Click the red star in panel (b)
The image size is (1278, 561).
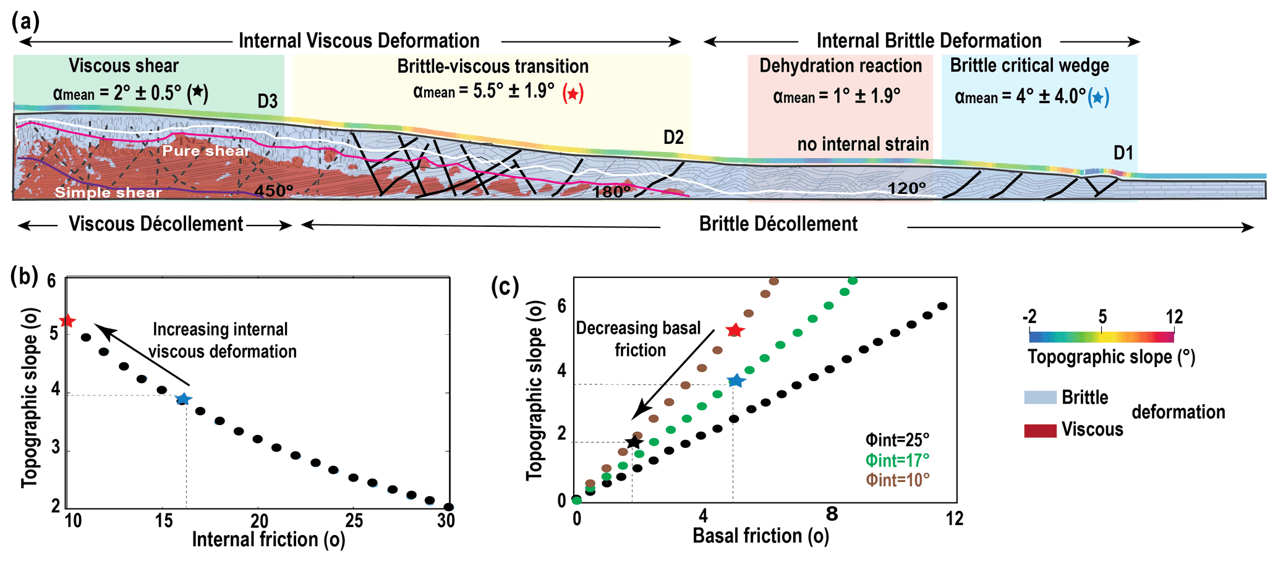[67, 321]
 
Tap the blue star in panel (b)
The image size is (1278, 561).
[183, 399]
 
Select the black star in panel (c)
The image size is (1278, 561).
[633, 442]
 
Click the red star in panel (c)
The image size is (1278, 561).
[735, 331]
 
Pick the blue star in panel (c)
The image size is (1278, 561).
[735, 381]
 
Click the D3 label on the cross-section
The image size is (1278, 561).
[268, 101]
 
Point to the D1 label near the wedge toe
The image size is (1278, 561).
[1123, 153]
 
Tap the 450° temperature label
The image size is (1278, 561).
[274, 191]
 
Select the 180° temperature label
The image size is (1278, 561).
[611, 192]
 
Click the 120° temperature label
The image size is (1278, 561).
[906, 188]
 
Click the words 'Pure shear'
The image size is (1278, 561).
[206, 151]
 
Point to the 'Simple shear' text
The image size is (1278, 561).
[108, 192]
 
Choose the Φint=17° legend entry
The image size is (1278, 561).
[897, 460]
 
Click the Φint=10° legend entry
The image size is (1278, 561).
[897, 480]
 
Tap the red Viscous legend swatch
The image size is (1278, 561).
[1040, 430]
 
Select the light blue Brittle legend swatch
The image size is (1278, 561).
[1040, 397]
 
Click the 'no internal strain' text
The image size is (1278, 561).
[863, 145]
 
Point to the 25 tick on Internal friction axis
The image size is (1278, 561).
[354, 521]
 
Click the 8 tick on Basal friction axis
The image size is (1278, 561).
[832, 514]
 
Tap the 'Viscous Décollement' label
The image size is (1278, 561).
[156, 224]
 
